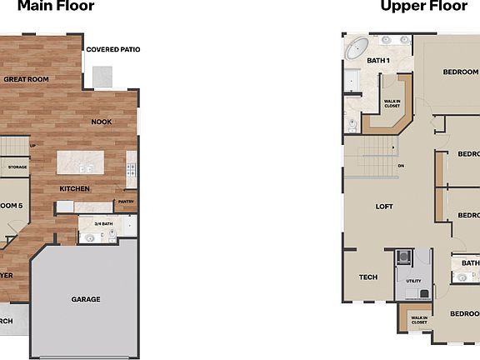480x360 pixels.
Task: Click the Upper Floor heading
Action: [x=424, y=7]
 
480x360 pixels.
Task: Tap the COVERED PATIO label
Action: [x=113, y=50]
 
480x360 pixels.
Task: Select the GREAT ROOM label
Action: [x=27, y=79]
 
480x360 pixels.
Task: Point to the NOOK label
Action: [x=102, y=122]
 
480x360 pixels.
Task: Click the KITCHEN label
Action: [x=74, y=188]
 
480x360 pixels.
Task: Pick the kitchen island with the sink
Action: [x=80, y=161]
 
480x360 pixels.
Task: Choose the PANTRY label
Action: [x=126, y=202]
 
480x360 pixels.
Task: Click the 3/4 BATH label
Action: [x=103, y=223]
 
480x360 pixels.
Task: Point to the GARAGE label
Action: [x=86, y=299]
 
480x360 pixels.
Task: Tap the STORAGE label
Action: [x=17, y=167]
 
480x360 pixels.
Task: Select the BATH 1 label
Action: [x=379, y=60]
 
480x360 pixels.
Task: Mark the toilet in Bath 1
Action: [x=352, y=125]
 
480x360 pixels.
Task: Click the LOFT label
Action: [x=384, y=206]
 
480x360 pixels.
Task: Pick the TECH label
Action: [x=367, y=277]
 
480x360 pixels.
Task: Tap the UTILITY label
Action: [x=413, y=282]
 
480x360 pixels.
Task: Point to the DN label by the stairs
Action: [x=401, y=166]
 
